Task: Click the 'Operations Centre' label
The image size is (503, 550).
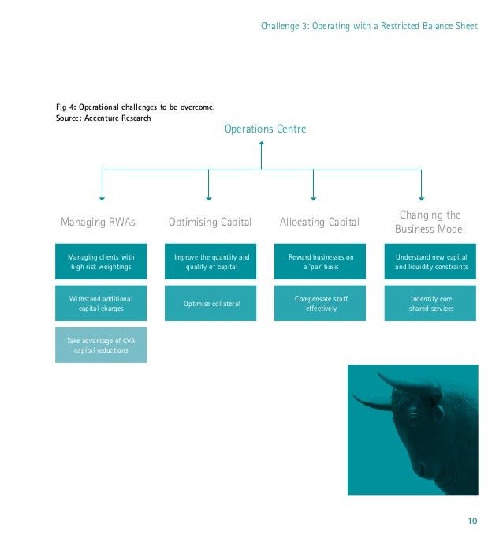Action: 265,129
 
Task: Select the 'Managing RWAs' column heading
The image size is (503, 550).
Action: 98,223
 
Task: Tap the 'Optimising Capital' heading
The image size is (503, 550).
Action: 210,223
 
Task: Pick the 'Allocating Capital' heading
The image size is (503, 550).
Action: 319,223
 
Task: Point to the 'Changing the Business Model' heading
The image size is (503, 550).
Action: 430,222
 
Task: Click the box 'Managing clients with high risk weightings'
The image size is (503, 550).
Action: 101,262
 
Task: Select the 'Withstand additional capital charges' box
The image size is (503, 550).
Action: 101,304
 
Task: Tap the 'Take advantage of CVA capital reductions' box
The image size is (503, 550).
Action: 101,345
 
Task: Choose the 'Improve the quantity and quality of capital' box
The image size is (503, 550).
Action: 211,262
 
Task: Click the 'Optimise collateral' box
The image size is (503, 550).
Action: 211,304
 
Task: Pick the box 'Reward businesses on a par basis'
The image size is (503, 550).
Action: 321,262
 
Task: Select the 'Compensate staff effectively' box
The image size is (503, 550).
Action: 321,304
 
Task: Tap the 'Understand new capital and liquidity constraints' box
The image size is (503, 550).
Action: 431,262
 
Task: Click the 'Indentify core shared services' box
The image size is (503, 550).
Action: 431,304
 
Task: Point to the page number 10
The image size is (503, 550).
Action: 472,520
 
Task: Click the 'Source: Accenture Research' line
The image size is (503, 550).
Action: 102,118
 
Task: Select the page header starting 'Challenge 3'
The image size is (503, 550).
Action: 369,26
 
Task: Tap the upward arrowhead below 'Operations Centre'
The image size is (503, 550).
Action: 261,144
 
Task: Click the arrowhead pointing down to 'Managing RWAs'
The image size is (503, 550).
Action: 102,197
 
